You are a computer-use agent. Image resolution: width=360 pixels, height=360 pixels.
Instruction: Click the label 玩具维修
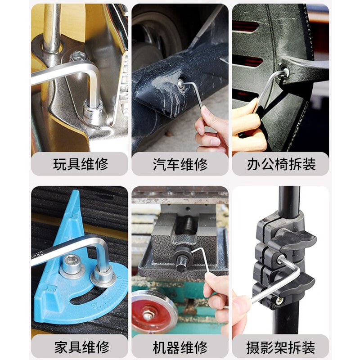(x=81, y=164)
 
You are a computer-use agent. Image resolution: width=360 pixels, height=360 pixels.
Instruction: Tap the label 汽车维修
(x=180, y=164)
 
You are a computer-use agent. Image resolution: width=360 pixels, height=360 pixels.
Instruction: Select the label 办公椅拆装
(x=281, y=164)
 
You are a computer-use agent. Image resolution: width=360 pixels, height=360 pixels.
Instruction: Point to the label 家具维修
(x=82, y=346)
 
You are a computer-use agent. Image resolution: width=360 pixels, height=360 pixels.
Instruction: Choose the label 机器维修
(x=180, y=347)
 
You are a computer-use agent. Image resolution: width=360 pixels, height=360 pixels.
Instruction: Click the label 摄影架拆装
(x=281, y=347)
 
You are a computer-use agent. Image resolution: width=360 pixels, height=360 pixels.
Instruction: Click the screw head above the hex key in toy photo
(x=78, y=56)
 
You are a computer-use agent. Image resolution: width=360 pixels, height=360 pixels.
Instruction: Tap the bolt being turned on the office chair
(x=284, y=72)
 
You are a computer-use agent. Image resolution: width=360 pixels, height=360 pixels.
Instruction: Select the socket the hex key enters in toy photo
(x=93, y=110)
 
